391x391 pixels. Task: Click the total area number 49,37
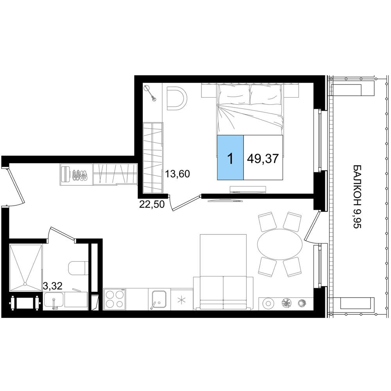tap(263, 158)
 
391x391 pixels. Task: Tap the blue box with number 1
tap(230, 157)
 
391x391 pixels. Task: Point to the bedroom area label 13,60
tap(178, 174)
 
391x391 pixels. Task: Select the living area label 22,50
tap(152, 204)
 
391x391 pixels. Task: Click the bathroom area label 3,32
tap(52, 286)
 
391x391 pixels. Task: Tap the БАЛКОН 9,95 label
tap(357, 197)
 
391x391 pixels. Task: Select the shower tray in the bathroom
tap(25, 268)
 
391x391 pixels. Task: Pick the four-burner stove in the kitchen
tap(115, 299)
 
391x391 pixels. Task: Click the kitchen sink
tap(159, 299)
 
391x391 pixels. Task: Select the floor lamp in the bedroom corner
tap(151, 93)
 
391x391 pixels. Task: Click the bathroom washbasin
tap(54, 300)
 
